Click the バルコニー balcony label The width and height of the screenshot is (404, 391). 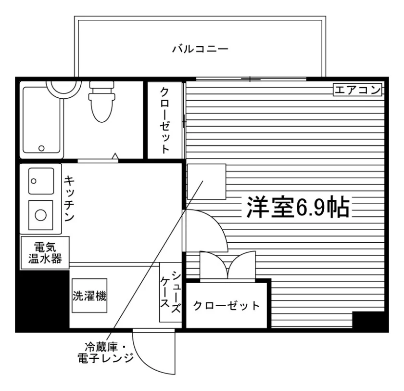pyautogui.click(x=200, y=49)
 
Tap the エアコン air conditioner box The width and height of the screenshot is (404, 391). pyautogui.click(x=357, y=90)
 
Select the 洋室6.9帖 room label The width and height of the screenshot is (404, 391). pyautogui.click(x=298, y=207)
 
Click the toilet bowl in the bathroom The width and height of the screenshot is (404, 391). pyautogui.click(x=102, y=102)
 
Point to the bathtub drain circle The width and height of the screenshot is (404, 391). pyautogui.click(x=41, y=148)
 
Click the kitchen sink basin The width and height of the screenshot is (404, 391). pyautogui.click(x=41, y=181)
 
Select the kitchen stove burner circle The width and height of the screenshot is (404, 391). pyautogui.click(x=41, y=215)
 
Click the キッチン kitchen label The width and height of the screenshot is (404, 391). pyautogui.click(x=69, y=198)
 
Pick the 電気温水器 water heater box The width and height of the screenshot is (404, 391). pyautogui.click(x=45, y=253)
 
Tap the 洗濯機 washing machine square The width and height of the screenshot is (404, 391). pyautogui.click(x=89, y=296)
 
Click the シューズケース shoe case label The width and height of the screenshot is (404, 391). pyautogui.click(x=171, y=292)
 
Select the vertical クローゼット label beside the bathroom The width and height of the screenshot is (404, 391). pyautogui.click(x=164, y=120)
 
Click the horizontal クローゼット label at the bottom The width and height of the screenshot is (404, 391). pyautogui.click(x=227, y=306)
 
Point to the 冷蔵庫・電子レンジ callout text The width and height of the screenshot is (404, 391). pyautogui.click(x=106, y=352)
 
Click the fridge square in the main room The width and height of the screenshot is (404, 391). pyautogui.click(x=207, y=182)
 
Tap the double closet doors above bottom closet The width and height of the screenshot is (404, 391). pyautogui.click(x=228, y=265)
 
